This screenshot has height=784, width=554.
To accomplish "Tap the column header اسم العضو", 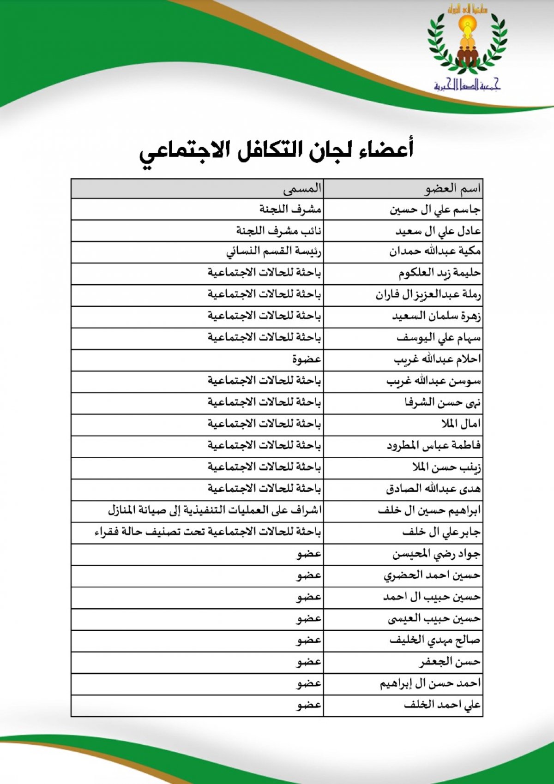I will (452, 188).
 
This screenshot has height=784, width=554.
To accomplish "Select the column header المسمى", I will (302, 188).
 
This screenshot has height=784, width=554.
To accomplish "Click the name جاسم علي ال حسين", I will (435, 210).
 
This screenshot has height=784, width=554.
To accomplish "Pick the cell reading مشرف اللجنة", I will (290, 209).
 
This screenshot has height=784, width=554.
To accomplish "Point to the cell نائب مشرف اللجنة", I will (279, 231).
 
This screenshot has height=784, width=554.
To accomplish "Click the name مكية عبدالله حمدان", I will (434, 251).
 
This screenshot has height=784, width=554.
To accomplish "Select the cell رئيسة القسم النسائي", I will (274, 252).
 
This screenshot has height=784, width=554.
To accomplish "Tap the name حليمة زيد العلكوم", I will (440, 273).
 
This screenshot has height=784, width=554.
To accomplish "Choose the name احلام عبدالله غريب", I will (437, 359).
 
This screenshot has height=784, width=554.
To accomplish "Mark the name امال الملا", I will (460, 424).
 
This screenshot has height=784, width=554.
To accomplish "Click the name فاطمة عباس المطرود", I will (434, 445).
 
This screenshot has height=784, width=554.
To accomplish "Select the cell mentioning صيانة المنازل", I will (215, 510).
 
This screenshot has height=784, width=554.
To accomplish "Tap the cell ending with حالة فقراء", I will (207, 532).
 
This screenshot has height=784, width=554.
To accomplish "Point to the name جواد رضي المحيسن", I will (436, 554).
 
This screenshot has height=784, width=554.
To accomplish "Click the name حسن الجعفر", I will (450, 662).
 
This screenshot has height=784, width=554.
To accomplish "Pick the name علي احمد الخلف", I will (442, 705).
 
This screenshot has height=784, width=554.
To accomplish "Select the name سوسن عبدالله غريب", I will (434, 381).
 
